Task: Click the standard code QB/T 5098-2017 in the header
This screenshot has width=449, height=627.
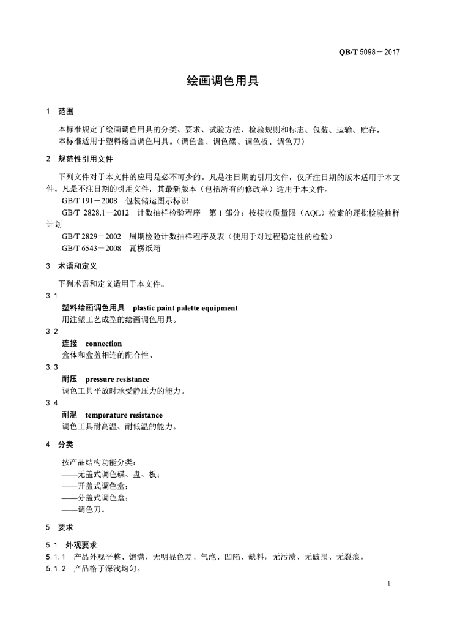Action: pos(369,52)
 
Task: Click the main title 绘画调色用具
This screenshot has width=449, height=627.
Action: pos(223,81)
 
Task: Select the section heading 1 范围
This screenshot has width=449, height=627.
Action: pos(60,111)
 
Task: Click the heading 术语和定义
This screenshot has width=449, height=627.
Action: pos(77,266)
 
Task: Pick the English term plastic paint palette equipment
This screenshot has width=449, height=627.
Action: pos(185,308)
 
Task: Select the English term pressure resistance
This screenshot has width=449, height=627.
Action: pos(117,380)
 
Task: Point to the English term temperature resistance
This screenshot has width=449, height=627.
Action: pos(124,415)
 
